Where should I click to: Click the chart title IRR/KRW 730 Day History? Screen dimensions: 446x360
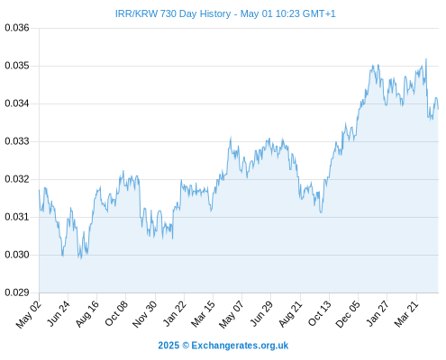coord(173,13)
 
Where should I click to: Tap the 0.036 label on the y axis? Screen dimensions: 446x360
coord(17,28)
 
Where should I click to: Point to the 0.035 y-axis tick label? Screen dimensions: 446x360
coord(17,66)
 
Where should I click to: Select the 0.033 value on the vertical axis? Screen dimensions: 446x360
coord(17,141)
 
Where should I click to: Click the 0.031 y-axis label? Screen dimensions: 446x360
coord(17,217)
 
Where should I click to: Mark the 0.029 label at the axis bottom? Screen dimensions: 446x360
coord(17,292)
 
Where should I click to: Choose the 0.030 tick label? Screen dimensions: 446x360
coord(17,255)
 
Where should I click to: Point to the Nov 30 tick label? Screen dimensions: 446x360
coord(145,314)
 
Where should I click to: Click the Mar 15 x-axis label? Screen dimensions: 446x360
coord(204,314)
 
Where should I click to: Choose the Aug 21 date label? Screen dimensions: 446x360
coord(291,314)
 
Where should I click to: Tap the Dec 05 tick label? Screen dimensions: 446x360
coord(348,314)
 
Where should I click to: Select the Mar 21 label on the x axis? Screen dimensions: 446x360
coord(406,314)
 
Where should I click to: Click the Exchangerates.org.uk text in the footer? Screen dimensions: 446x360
coord(240,346)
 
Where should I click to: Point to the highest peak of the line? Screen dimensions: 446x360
coord(426,58)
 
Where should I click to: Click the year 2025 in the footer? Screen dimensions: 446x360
coord(168,346)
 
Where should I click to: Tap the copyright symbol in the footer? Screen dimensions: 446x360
coord(186,346)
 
